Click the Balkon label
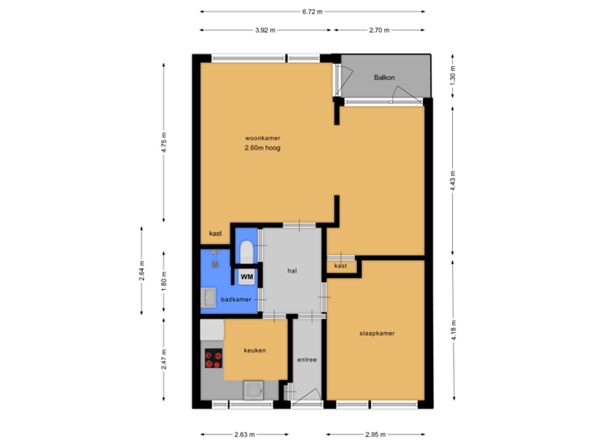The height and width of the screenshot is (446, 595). [x=384, y=78]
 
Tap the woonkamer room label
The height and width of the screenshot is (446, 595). [x=263, y=137]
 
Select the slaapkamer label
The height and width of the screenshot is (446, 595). [x=376, y=334]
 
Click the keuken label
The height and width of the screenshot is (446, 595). [x=255, y=351]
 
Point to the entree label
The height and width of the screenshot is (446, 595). [x=307, y=360]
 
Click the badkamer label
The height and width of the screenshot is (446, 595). [x=236, y=299]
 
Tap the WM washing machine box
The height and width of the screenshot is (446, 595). [x=246, y=277]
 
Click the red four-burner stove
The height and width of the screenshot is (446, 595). [x=213, y=359]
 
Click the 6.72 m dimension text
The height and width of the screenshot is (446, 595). [x=312, y=12]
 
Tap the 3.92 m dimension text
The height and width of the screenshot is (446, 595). [x=264, y=31]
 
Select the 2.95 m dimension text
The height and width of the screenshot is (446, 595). [x=376, y=434]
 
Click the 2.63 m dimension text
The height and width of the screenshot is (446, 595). [x=245, y=434]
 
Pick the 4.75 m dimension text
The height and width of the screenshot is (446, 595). [x=164, y=143]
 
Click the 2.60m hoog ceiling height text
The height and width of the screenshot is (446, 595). [x=263, y=149]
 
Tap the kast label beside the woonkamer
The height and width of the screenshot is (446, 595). [x=215, y=234]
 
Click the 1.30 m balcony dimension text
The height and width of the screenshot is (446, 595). [x=451, y=78]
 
